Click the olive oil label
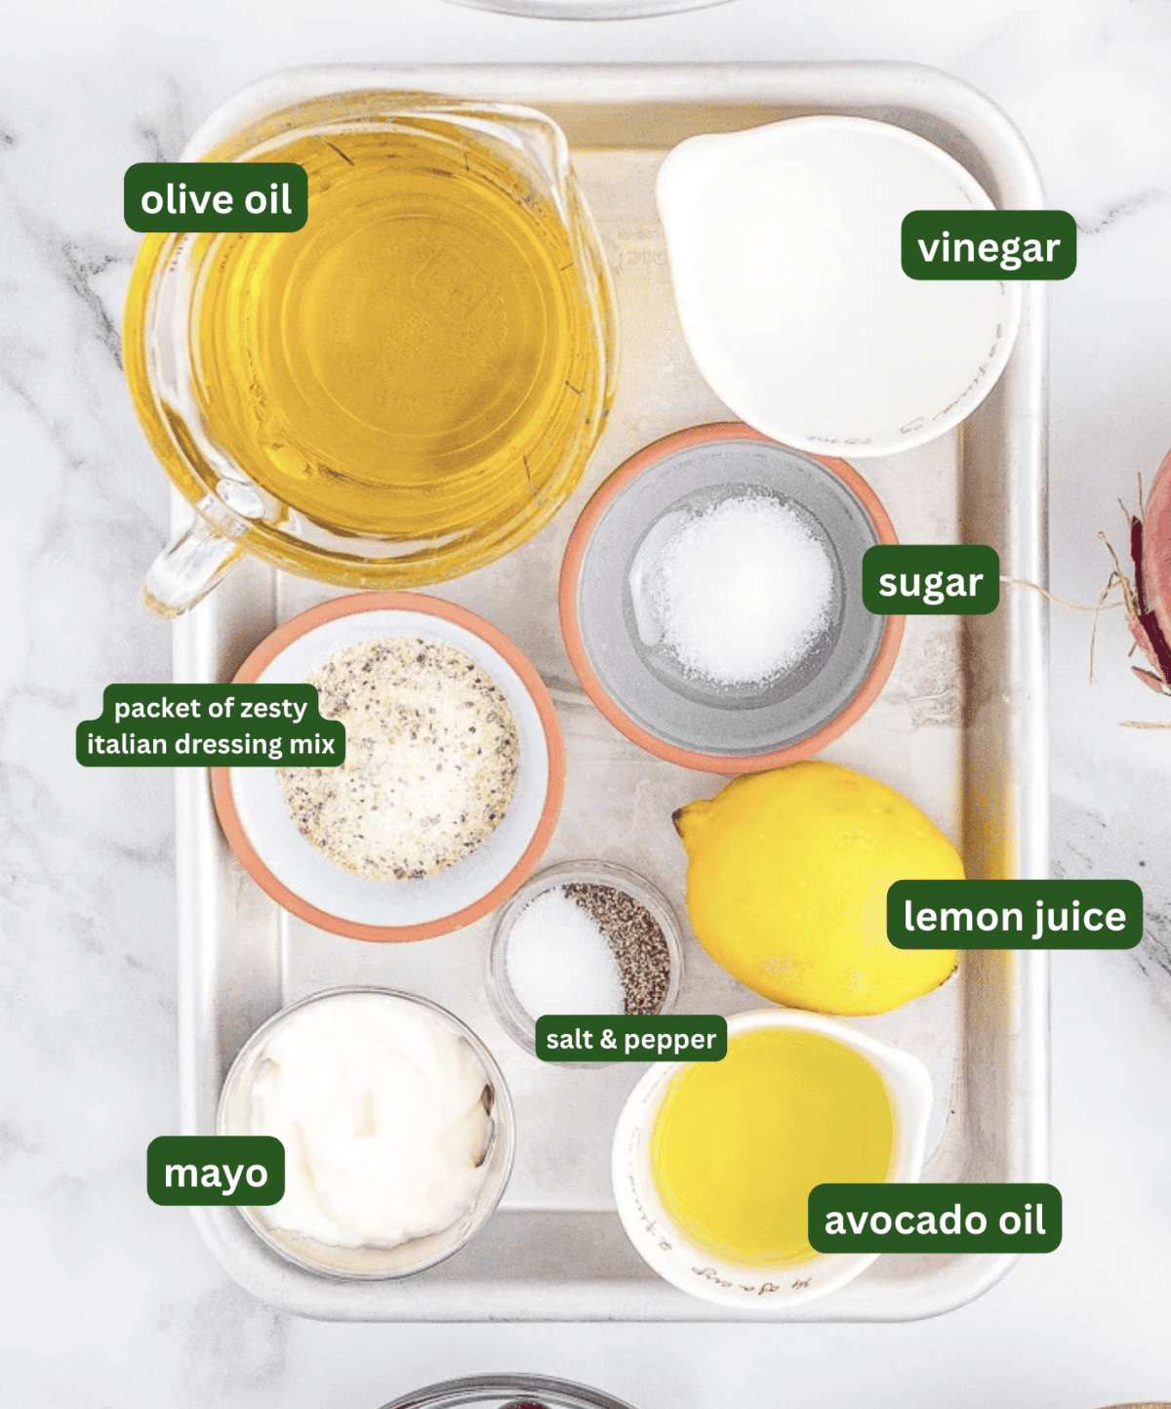(x=216, y=198)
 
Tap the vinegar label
(x=988, y=246)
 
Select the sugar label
(x=930, y=581)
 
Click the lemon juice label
(x=1014, y=915)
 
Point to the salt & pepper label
(x=630, y=1039)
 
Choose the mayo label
(x=216, y=1172)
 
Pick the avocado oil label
(x=934, y=1219)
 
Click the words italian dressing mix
(x=211, y=744)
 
